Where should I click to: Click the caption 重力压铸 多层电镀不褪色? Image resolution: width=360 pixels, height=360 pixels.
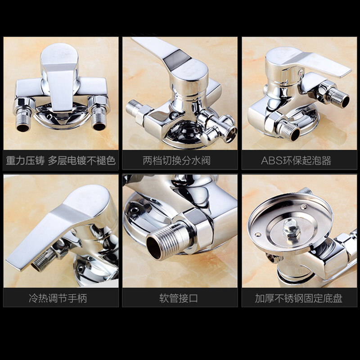[x=61, y=161]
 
